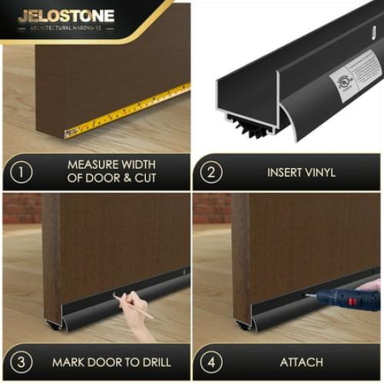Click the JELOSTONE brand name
66,15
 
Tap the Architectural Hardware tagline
66,28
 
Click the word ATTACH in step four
301,362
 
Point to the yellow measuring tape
127,112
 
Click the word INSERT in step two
283,172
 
